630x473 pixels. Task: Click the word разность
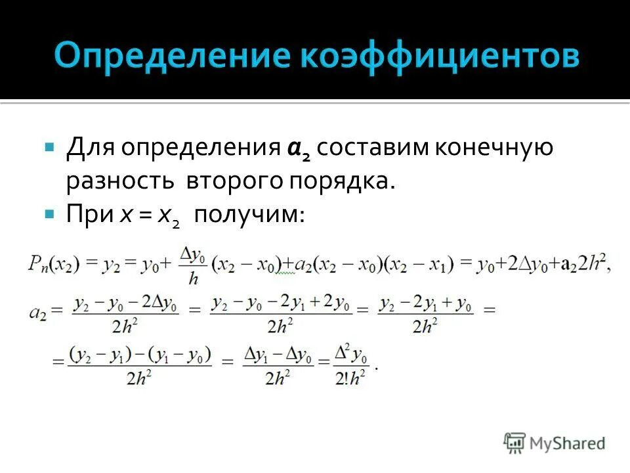(x=119, y=181)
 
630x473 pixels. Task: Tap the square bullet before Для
(x=49, y=146)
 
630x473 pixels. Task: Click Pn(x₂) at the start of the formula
(x=54, y=263)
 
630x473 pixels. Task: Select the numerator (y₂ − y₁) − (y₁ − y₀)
(x=140, y=355)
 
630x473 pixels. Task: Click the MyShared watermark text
(x=568, y=443)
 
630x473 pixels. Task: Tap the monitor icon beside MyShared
(x=515, y=442)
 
